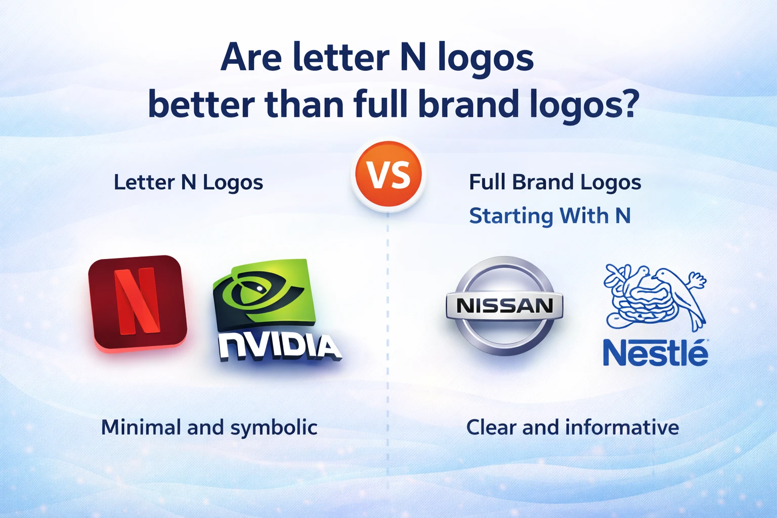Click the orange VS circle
(x=388, y=175)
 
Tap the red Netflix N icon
(x=137, y=302)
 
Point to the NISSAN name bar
(x=504, y=306)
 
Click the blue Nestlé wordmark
(x=655, y=353)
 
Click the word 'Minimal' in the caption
(x=141, y=427)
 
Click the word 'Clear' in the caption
(x=491, y=427)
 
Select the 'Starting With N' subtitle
(x=549, y=216)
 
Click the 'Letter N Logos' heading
(x=188, y=183)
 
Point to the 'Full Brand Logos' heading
(x=555, y=183)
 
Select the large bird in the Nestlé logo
(x=680, y=293)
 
